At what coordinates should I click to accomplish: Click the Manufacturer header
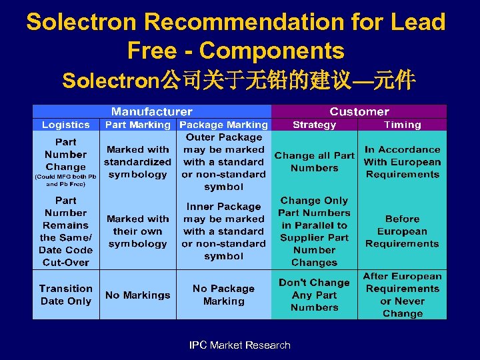point(151,111)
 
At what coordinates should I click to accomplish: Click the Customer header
point(359,111)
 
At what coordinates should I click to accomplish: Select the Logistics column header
point(65,125)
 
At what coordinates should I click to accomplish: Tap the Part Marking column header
point(138,125)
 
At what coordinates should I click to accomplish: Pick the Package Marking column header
point(224,125)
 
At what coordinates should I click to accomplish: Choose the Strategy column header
point(315,125)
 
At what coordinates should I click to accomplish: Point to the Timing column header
point(403,125)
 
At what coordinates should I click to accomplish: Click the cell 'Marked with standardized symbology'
point(138,162)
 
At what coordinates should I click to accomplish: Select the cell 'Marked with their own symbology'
point(138,231)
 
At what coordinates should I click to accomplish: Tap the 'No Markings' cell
point(138,295)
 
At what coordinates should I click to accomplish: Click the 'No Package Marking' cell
point(224,295)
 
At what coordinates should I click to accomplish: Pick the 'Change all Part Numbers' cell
point(315,161)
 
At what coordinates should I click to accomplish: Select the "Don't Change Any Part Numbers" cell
point(315,295)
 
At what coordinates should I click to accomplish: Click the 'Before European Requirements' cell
point(403,231)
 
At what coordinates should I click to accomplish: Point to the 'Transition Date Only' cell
point(65,295)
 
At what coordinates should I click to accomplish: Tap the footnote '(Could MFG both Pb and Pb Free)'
point(65,180)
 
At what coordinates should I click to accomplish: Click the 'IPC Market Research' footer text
point(240,345)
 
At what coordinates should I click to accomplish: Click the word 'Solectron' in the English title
point(81,22)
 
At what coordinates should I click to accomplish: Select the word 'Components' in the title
point(271,50)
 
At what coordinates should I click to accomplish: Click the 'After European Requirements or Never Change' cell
point(403,295)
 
